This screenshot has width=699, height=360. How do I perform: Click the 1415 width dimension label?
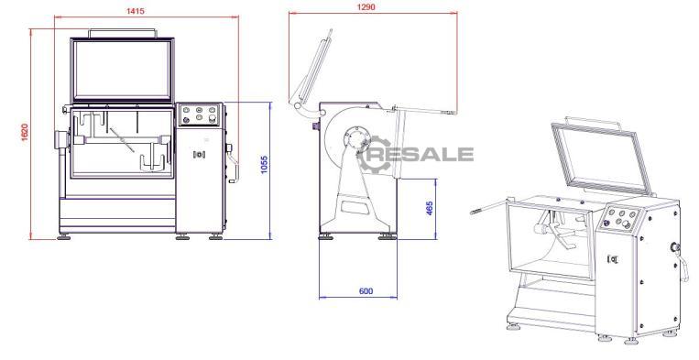coord(135,11)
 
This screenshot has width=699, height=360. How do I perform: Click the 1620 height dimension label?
coord(25,132)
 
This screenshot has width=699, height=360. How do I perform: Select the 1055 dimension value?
coord(264,164)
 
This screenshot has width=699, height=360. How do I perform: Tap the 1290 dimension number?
coord(366,6)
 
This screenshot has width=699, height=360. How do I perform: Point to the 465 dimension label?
coord(430,208)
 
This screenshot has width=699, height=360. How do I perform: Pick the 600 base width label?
coord(366,291)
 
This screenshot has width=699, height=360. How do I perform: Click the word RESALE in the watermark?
coord(422,154)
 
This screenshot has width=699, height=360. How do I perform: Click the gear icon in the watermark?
coord(373,154)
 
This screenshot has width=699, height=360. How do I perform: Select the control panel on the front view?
coord(199,115)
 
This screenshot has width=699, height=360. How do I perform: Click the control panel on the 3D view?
coord(619,217)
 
